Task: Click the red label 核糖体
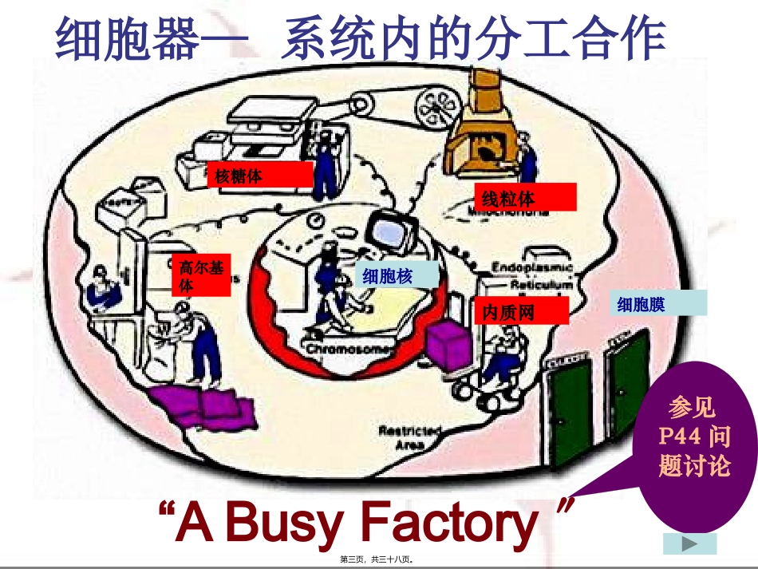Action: (260, 174)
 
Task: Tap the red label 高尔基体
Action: (200, 275)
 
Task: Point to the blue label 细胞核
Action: (397, 275)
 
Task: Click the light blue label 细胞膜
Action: (659, 303)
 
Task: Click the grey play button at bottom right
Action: (690, 543)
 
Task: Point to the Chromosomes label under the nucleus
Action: (349, 350)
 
